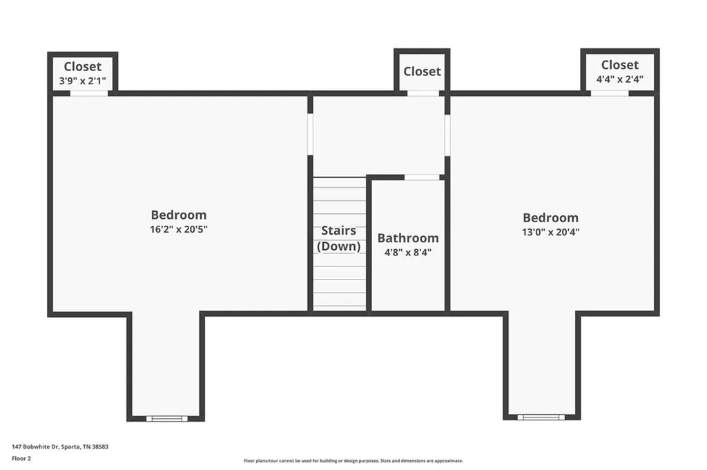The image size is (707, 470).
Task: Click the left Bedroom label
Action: pyautogui.click(x=178, y=215)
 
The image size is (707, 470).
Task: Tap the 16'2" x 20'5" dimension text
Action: pyautogui.click(x=178, y=229)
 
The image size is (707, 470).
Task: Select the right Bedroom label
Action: pyautogui.click(x=550, y=217)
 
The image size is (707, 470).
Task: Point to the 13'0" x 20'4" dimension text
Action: pyautogui.click(x=550, y=232)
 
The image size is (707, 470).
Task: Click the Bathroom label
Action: pyautogui.click(x=407, y=238)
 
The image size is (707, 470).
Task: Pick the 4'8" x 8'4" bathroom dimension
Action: pyautogui.click(x=407, y=253)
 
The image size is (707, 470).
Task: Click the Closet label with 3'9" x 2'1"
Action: pyautogui.click(x=82, y=66)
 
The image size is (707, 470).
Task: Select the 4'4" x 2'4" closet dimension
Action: pyautogui.click(x=619, y=79)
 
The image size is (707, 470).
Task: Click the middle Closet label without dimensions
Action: pyautogui.click(x=422, y=71)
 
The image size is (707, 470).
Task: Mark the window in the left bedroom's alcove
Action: pyautogui.click(x=166, y=418)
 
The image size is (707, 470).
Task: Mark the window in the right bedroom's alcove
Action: pyautogui.click(x=541, y=417)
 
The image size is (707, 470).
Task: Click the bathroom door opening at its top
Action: pyautogui.click(x=421, y=177)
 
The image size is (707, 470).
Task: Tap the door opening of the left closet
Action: pyautogui.click(x=88, y=93)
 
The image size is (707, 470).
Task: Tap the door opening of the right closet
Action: pyautogui.click(x=609, y=92)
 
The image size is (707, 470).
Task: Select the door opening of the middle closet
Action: pyautogui.click(x=423, y=92)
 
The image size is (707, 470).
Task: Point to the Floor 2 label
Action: pyautogui.click(x=21, y=458)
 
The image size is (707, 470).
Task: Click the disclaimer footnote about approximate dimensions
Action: pyautogui.click(x=353, y=460)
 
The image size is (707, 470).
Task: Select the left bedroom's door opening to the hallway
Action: pyautogui.click(x=310, y=134)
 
